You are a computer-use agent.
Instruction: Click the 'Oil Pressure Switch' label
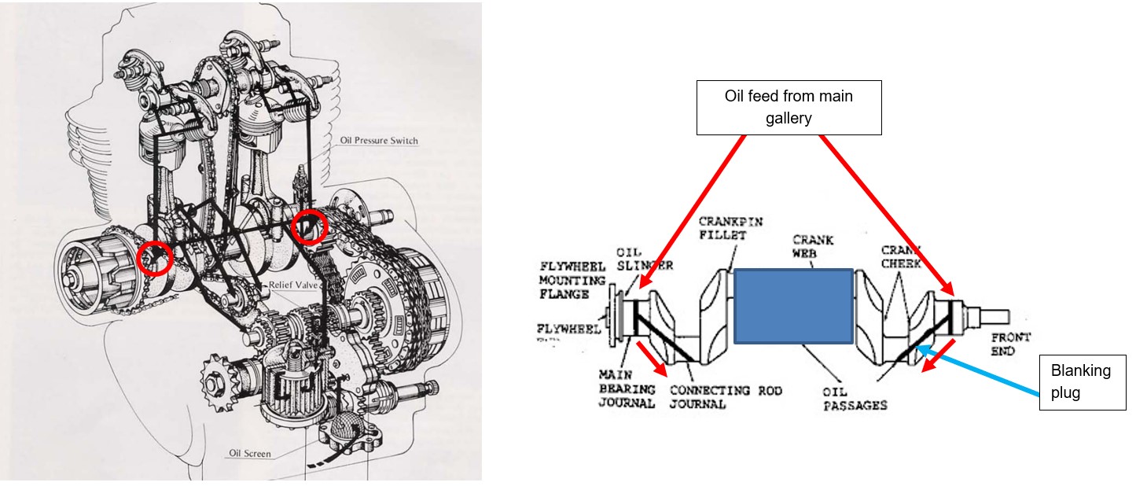(x=379, y=142)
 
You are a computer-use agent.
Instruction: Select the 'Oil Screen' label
(x=250, y=453)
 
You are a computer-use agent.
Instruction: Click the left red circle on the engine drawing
(x=155, y=258)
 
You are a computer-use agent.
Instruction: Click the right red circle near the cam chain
(x=309, y=227)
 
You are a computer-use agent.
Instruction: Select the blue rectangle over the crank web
(x=792, y=306)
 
